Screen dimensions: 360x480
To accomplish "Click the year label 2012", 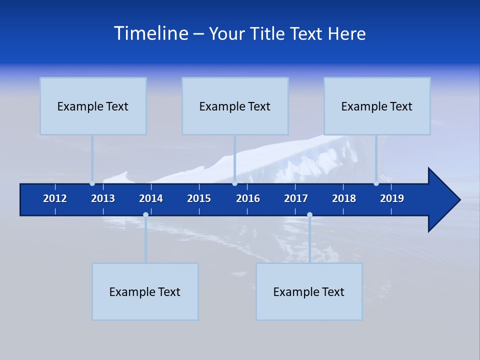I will tap(55, 198).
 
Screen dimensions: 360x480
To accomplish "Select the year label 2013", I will tap(103, 198).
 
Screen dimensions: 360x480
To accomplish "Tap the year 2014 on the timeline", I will tap(151, 198).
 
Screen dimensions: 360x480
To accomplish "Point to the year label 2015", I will tap(199, 198).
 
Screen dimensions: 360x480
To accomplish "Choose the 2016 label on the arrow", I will tap(248, 198).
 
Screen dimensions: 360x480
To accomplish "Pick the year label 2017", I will tap(296, 198).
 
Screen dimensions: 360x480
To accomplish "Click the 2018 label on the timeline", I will tap(344, 198).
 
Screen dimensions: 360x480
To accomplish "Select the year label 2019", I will tap(392, 198).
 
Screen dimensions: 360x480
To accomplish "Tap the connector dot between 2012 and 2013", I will tap(92, 183).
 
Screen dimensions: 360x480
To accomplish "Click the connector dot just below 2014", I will tap(145, 215).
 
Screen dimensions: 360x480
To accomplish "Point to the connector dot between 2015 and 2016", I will tap(234, 183).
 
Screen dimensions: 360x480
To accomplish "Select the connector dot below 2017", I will tap(309, 215).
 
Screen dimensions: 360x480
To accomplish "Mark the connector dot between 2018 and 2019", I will tap(376, 183).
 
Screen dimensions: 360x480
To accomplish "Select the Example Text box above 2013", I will tap(93, 106).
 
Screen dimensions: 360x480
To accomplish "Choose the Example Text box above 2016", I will tap(235, 106).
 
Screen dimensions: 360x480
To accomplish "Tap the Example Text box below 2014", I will tap(145, 291).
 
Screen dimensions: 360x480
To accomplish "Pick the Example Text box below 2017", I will tap(309, 291).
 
